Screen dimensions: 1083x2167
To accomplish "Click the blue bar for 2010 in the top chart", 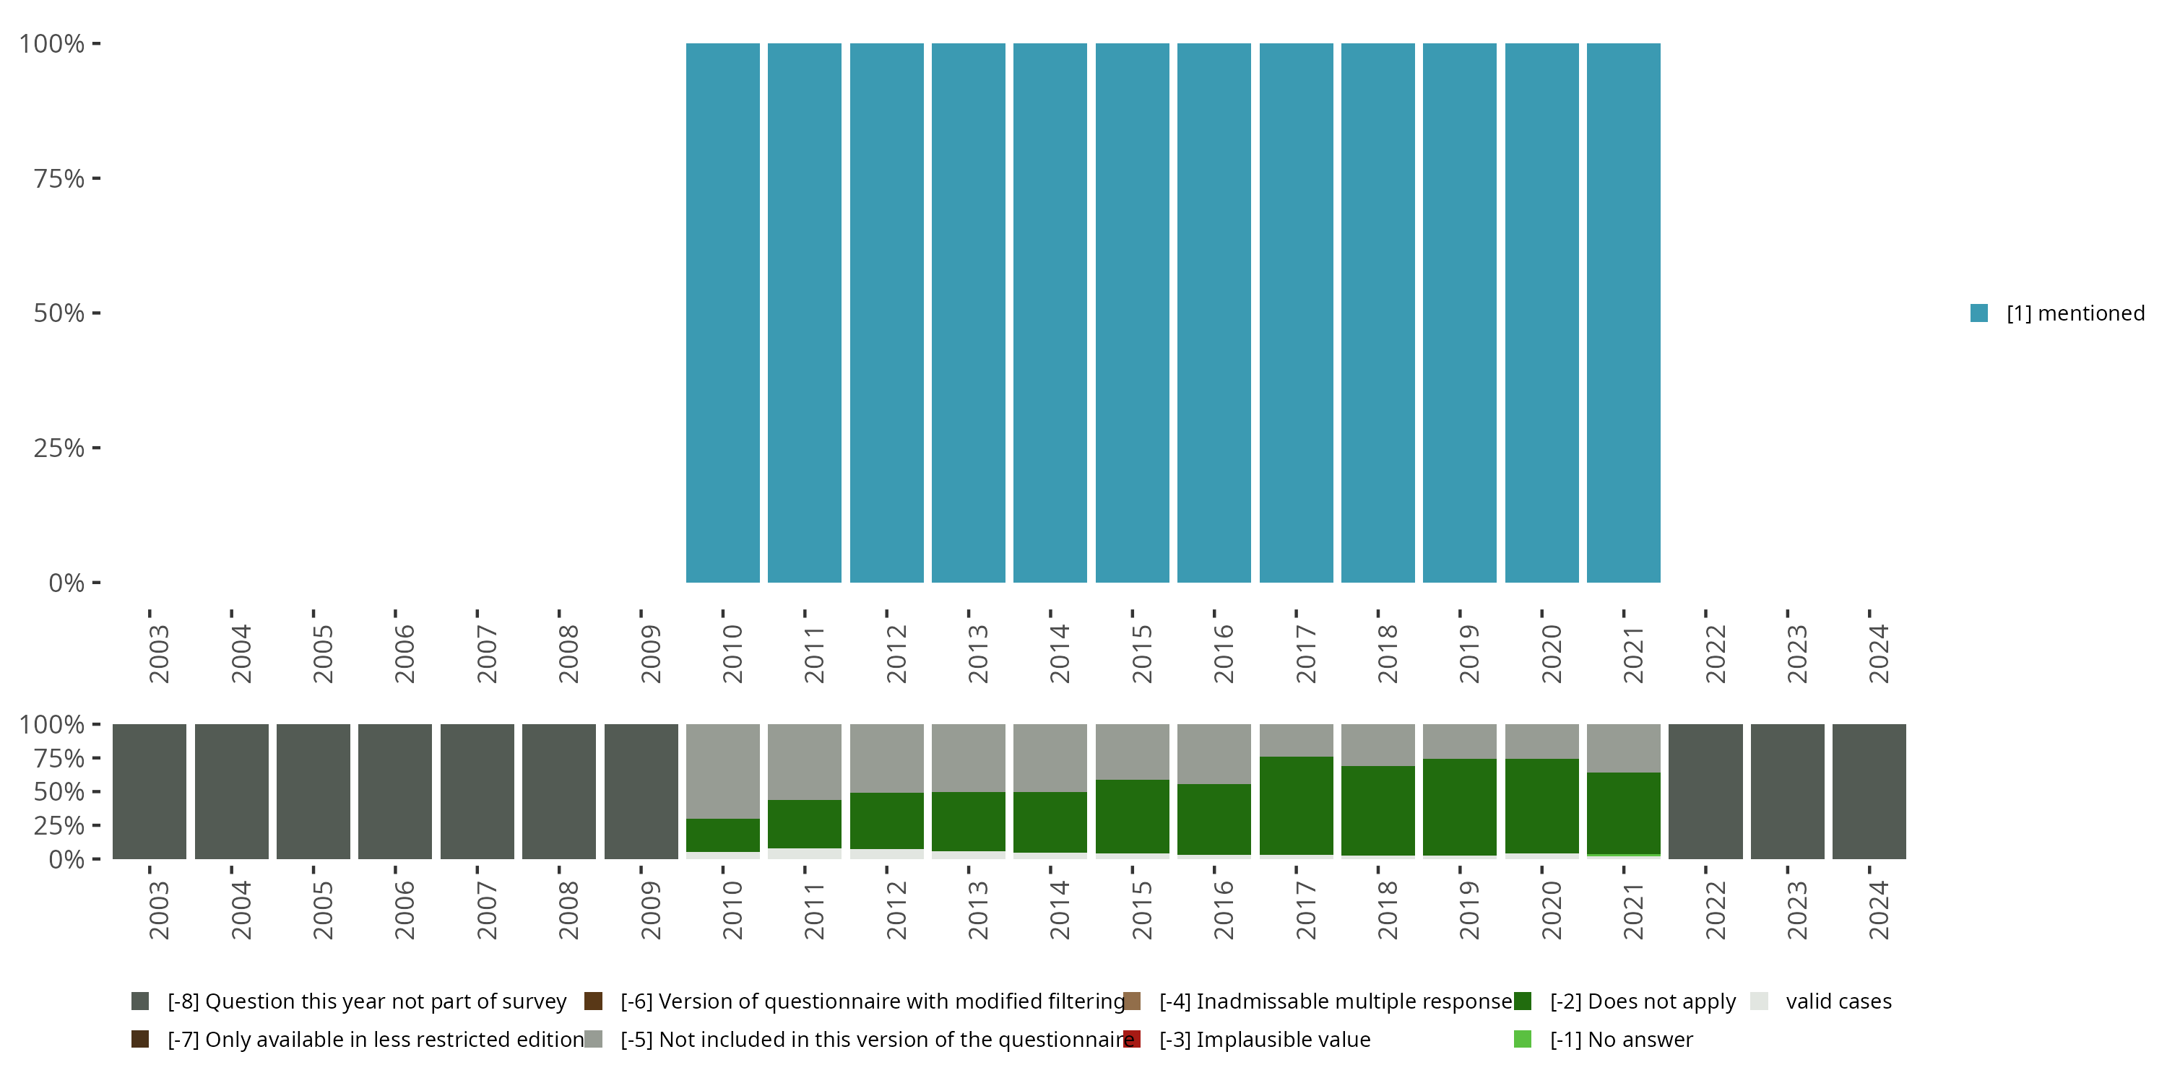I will tap(722, 313).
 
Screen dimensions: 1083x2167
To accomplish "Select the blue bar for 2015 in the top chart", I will tap(1133, 313).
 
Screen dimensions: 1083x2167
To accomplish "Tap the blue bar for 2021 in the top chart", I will tap(1624, 313).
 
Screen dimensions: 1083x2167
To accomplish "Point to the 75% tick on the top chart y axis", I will tap(96, 178).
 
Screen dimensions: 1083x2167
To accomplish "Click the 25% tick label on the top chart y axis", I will tap(59, 448).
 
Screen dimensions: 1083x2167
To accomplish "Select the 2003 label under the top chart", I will tap(159, 653).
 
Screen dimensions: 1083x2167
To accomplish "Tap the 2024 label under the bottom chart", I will tap(1879, 910).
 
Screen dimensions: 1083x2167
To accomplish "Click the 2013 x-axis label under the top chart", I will tap(977, 653).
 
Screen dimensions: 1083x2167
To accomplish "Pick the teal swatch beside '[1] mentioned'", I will tap(1979, 313).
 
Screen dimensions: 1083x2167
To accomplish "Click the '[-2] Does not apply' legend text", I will tap(1642, 1001).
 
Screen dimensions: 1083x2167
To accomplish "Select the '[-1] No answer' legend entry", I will tap(1621, 1039).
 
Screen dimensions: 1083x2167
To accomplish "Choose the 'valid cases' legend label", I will tap(1838, 1001).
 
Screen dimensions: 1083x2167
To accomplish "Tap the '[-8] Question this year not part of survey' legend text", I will tap(367, 1001).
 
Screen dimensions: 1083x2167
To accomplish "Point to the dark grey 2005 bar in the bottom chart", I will tap(313, 791).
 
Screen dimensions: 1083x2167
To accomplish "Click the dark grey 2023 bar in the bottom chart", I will tap(1788, 791).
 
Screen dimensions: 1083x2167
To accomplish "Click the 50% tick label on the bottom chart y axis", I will tap(59, 792).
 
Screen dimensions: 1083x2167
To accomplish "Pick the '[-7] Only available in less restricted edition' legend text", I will tap(375, 1039).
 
